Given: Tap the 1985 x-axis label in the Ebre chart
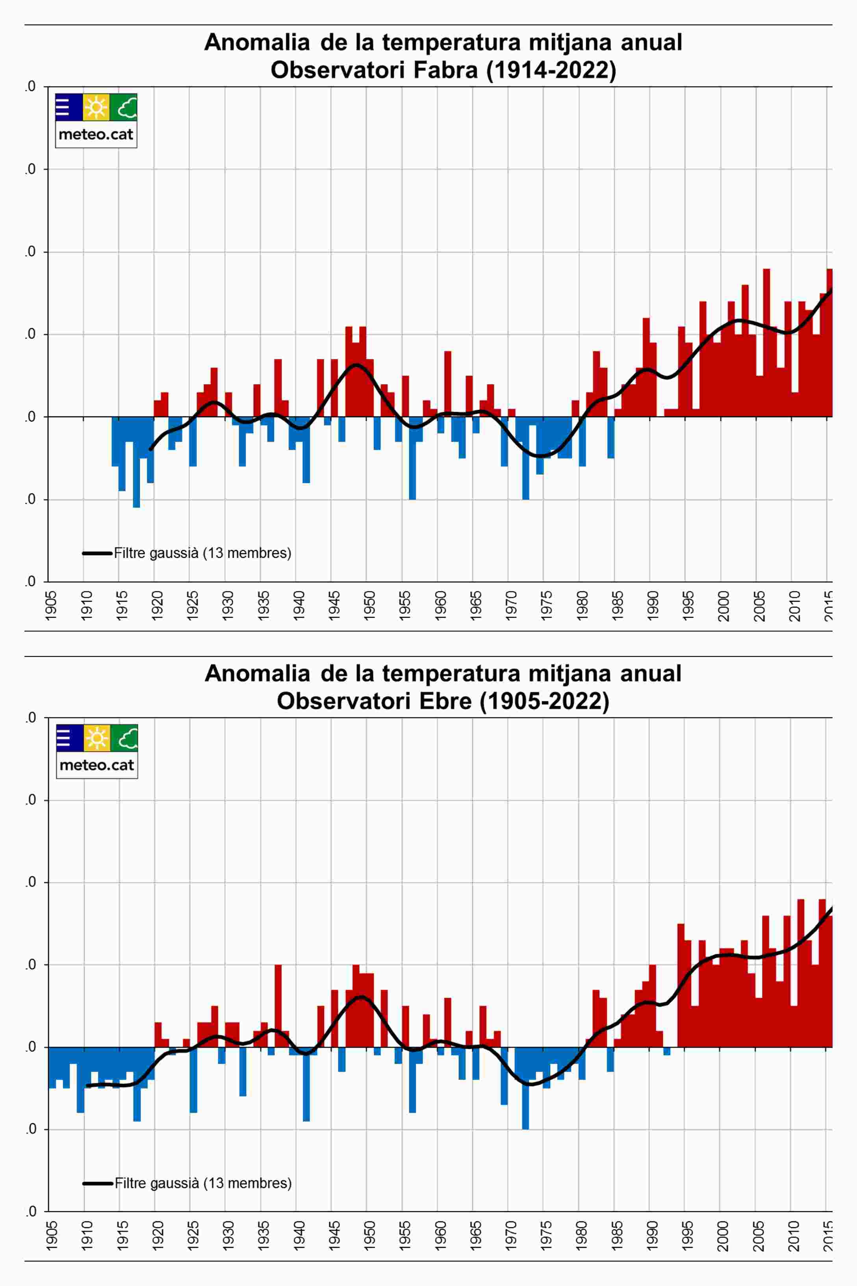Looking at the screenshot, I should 618,1236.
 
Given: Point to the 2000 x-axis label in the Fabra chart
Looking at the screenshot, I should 723,605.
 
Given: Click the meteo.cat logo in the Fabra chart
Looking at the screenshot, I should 96,120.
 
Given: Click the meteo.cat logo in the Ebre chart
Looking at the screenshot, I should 97,751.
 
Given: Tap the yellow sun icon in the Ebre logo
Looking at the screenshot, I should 97,738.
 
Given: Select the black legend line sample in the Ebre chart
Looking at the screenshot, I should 97,1183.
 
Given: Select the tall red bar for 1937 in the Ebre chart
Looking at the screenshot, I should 278,1006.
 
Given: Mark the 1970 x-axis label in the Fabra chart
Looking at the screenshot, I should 512,605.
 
